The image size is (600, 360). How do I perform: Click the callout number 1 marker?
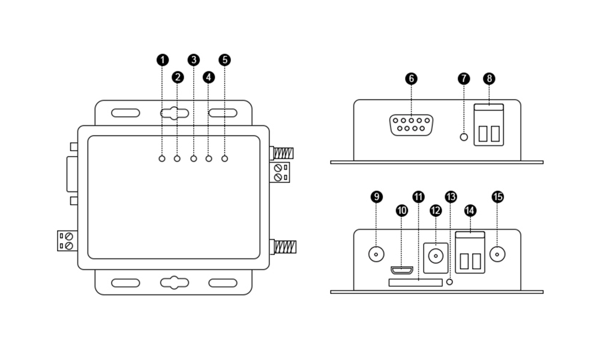(162, 60)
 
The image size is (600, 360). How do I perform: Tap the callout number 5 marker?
(225, 60)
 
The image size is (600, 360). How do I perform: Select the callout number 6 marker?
(411, 79)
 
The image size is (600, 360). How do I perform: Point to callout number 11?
(418, 197)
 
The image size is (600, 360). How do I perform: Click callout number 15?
(497, 197)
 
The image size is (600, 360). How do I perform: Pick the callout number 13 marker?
(451, 197)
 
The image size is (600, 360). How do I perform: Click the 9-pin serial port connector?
(411, 125)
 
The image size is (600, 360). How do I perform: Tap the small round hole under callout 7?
(463, 137)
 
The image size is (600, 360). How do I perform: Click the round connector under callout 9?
(376, 254)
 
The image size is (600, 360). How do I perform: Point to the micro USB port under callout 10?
(402, 269)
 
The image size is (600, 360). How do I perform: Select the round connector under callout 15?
(497, 254)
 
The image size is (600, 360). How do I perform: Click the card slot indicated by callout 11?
(415, 282)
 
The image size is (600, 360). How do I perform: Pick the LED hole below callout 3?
(193, 158)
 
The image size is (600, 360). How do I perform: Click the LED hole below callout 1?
(162, 158)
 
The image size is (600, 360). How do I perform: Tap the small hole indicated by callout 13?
(451, 281)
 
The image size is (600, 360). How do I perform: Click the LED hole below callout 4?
(209, 158)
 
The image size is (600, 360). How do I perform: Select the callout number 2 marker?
(178, 77)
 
